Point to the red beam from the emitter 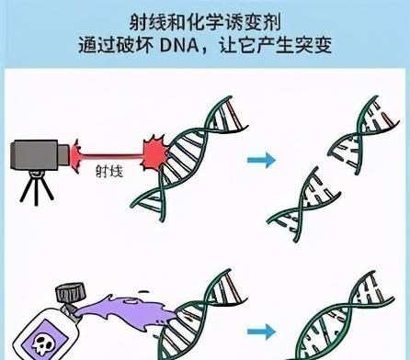click(x=110, y=149)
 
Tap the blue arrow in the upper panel click(x=262, y=160)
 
